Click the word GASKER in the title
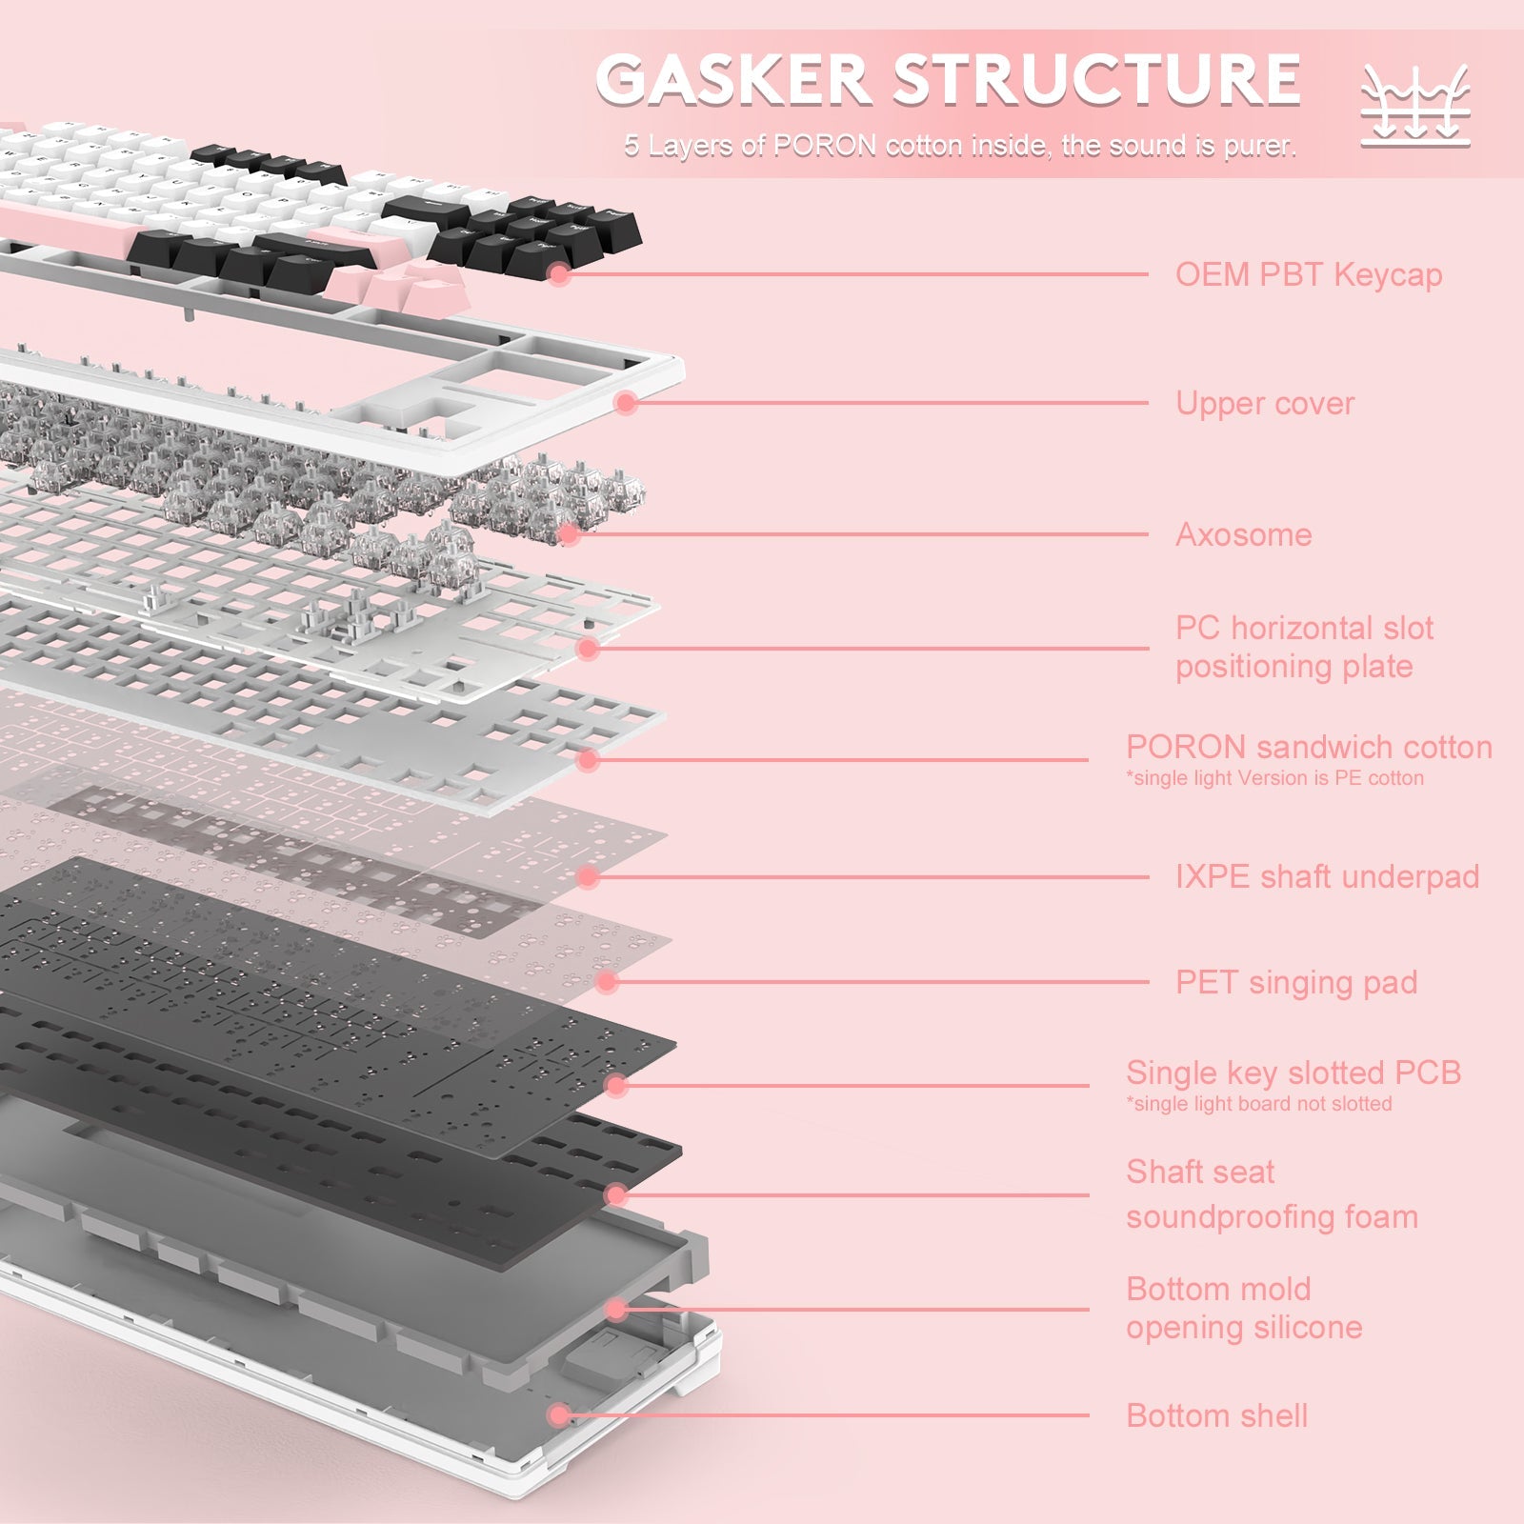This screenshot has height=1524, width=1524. pyautogui.click(x=733, y=80)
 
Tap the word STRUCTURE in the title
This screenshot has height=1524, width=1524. pyautogui.click(x=1096, y=80)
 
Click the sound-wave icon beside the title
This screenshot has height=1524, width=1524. pyautogui.click(x=1415, y=106)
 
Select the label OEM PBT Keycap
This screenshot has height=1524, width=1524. pyautogui.click(x=1308, y=274)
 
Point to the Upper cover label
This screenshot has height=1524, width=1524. pyautogui.click(x=1264, y=403)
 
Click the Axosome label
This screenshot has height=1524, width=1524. pyautogui.click(x=1243, y=534)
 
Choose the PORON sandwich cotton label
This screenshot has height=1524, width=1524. pyautogui.click(x=1309, y=747)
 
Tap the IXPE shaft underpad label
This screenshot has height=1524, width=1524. pyautogui.click(x=1327, y=876)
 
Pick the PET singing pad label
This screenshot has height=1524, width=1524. pyautogui.click(x=1296, y=982)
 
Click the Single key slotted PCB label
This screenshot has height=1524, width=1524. pyautogui.click(x=1293, y=1073)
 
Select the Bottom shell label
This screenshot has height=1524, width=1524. pyautogui.click(x=1216, y=1415)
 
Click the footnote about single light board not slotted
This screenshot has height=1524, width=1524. pyautogui.click(x=1258, y=1104)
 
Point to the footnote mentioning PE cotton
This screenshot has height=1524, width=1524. pyautogui.click(x=1274, y=778)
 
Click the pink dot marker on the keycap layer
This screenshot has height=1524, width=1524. pyautogui.click(x=560, y=274)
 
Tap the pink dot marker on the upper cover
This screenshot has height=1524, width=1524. pyautogui.click(x=625, y=403)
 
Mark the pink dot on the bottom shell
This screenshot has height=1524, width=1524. pyautogui.click(x=560, y=1415)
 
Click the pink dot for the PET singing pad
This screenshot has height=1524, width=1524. pyautogui.click(x=607, y=982)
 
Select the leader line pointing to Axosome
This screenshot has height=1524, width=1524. pyautogui.click(x=857, y=534)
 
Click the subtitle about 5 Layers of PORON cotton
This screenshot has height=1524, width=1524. pyautogui.click(x=960, y=146)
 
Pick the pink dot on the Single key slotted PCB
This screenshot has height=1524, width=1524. pyautogui.click(x=616, y=1085)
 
